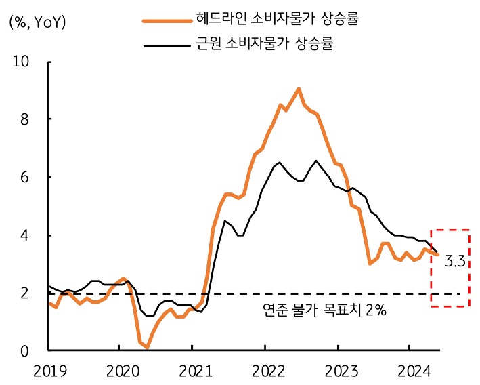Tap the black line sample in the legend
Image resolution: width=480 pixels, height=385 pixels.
pos(165,46)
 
